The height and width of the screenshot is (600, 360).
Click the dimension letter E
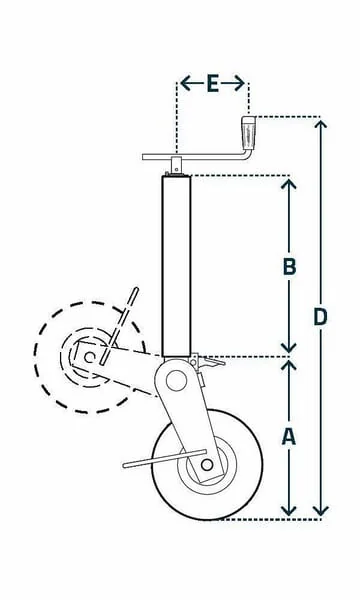point(213,84)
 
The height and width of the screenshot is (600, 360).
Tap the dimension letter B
point(289,267)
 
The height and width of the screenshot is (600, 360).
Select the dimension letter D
point(320,317)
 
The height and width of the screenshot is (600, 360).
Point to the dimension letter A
point(289,437)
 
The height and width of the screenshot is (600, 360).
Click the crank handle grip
point(248,134)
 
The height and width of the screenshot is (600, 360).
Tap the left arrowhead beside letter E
point(186,83)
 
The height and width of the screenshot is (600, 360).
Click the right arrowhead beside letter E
point(239,83)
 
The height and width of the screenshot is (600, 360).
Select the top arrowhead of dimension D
point(321,124)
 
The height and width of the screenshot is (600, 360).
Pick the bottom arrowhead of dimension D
point(321,510)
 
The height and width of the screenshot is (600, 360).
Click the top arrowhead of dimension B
point(289,184)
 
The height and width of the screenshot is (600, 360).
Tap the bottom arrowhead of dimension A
point(289,510)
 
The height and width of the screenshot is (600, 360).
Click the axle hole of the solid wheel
point(207,465)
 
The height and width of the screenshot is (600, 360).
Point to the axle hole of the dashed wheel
point(90,358)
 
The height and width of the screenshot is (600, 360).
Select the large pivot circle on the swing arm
point(176,381)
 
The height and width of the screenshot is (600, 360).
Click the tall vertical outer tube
point(176,266)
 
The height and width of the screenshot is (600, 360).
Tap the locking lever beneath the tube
point(208,362)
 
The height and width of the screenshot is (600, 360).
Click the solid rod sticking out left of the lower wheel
point(165,458)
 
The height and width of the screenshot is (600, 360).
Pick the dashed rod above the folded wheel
point(118,326)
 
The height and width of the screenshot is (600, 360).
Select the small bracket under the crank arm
point(176,165)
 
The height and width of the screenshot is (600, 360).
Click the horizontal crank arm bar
point(196,157)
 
